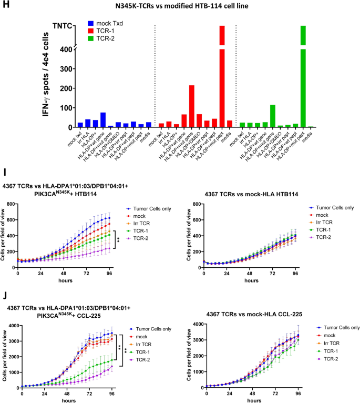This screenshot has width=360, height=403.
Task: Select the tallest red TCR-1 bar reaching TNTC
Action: [222, 74]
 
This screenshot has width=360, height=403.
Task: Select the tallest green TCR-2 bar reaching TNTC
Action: [303, 74]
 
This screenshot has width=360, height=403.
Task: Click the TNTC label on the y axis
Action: [63, 26]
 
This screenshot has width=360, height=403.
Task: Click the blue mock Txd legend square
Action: [89, 24]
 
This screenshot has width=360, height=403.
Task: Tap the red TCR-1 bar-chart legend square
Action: [89, 32]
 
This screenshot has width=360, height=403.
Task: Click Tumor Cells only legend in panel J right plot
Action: [339, 327]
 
